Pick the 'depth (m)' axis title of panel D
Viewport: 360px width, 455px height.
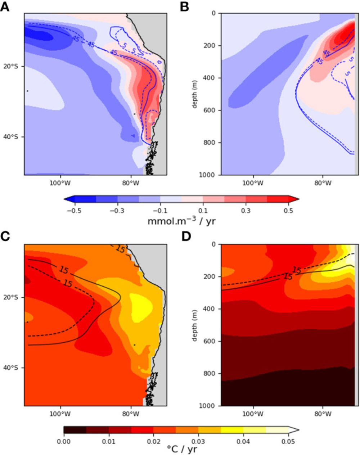tap(195, 325)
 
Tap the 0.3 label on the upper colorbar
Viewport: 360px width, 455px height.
tap(246, 211)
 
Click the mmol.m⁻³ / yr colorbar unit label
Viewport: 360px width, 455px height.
tap(181, 221)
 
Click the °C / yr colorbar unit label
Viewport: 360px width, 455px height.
tap(181, 449)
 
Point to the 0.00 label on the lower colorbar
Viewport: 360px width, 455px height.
tap(64, 441)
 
